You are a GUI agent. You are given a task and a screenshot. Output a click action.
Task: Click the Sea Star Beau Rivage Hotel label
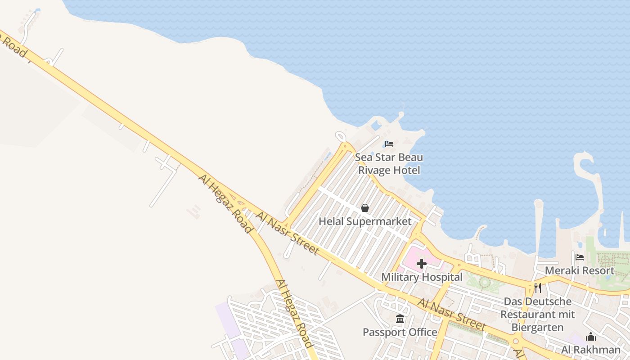389,164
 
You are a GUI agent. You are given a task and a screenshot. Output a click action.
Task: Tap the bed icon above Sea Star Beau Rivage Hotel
389,144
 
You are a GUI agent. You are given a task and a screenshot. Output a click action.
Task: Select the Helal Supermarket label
365,221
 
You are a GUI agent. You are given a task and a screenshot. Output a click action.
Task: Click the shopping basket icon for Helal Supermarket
365,208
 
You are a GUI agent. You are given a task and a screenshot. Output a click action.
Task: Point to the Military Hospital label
422,277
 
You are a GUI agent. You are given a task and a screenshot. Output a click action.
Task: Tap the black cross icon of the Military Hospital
422,264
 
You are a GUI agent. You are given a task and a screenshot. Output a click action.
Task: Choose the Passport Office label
400,332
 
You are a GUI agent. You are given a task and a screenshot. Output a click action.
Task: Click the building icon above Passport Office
400,319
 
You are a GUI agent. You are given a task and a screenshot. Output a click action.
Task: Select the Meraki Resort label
580,270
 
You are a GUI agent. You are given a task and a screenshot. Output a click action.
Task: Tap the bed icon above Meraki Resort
580,257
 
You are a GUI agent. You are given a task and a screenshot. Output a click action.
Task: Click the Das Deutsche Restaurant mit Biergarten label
538,314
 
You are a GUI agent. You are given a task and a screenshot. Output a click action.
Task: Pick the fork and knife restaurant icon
538,288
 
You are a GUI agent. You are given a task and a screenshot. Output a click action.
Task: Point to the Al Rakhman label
590,350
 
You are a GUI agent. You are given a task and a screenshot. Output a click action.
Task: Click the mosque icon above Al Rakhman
591,337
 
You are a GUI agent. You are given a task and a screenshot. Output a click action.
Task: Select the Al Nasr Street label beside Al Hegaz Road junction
288,233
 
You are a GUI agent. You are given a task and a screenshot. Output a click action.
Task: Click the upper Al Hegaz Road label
225,204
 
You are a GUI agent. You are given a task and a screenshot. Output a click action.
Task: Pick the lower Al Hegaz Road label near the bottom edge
294,313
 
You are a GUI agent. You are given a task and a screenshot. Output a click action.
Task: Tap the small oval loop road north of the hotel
341,135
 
